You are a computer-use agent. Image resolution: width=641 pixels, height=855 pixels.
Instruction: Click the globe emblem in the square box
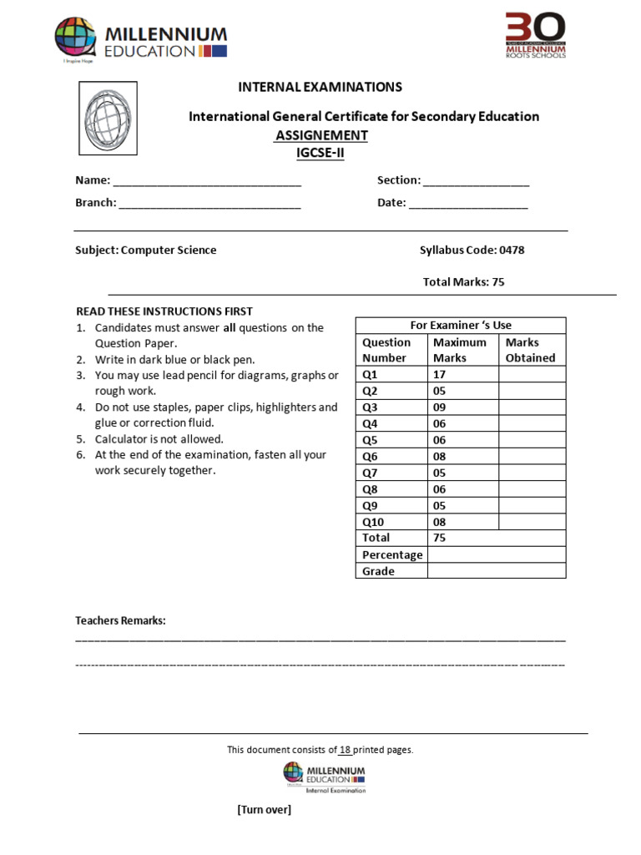(x=108, y=119)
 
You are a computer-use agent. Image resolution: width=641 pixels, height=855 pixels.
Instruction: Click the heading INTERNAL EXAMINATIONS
(x=320, y=87)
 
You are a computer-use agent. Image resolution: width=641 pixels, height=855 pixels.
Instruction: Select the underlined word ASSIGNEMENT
(x=321, y=135)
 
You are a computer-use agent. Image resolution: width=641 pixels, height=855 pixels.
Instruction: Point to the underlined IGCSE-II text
(x=320, y=152)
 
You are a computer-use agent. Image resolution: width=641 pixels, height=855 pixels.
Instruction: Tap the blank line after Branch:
(x=209, y=203)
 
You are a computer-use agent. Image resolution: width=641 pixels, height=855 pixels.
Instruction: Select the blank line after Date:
(x=468, y=203)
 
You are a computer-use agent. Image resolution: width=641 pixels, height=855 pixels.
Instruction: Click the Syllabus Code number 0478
(x=511, y=250)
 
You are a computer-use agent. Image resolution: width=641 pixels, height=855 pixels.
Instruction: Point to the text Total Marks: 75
(x=463, y=282)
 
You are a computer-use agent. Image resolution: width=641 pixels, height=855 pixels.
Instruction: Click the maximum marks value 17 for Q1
(x=439, y=375)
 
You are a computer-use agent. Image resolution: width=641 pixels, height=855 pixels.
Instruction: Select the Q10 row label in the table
(x=373, y=522)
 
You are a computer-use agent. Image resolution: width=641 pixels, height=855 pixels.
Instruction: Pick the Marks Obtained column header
(x=530, y=350)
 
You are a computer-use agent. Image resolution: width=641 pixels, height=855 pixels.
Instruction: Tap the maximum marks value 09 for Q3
(x=439, y=407)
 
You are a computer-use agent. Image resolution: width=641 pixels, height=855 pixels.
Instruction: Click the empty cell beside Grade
(x=496, y=571)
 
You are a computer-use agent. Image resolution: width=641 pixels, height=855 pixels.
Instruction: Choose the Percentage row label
(x=392, y=554)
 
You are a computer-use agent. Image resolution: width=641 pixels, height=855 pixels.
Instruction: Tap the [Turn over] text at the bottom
(x=265, y=810)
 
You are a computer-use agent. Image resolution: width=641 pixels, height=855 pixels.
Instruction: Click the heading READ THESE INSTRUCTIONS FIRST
(x=164, y=311)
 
